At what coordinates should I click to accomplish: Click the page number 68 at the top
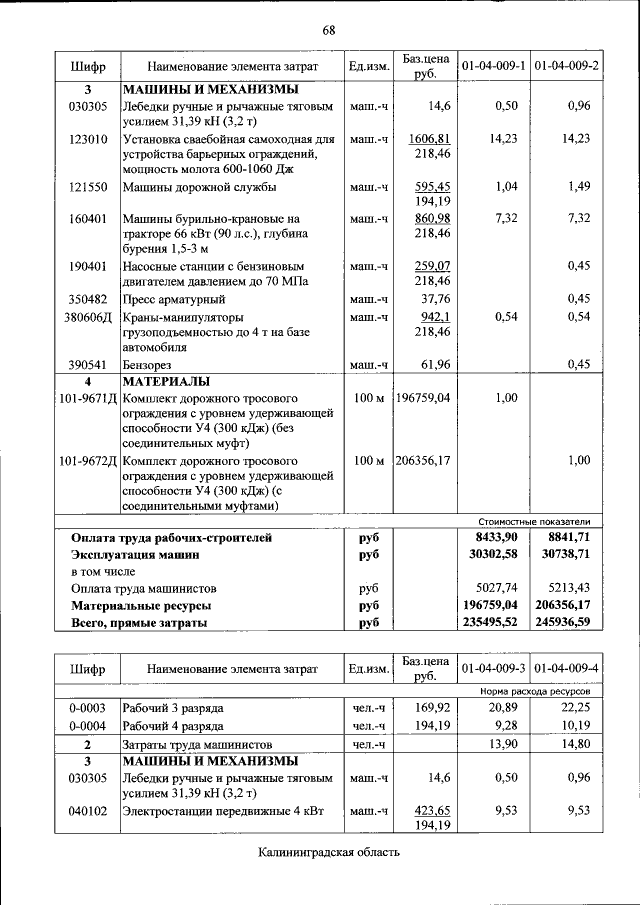(x=328, y=29)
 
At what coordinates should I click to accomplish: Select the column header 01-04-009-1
(x=492, y=66)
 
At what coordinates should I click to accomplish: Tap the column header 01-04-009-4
(x=566, y=668)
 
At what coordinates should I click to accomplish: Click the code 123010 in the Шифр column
(x=88, y=139)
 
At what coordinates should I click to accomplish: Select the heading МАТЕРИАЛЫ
(x=166, y=382)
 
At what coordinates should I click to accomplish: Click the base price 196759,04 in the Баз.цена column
(x=423, y=398)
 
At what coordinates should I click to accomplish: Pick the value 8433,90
(x=497, y=537)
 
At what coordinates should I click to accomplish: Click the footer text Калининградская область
(x=328, y=852)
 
